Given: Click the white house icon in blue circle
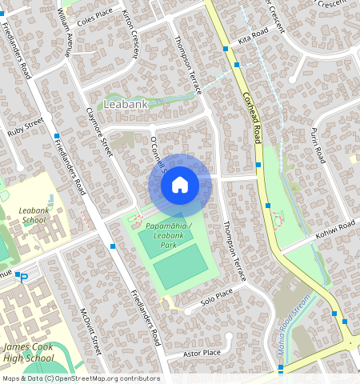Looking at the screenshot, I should (180, 185).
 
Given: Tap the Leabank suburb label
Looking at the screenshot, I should (126, 104).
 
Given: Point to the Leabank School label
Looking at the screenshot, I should (34, 215).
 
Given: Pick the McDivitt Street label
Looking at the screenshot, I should (86, 331).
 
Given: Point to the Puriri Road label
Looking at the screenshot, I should (316, 144).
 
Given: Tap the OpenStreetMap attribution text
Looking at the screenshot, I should (81, 378).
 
